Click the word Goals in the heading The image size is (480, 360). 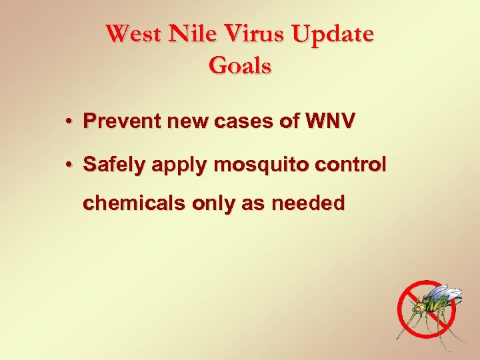point(239,66)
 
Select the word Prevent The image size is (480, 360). point(122,121)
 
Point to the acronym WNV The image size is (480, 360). point(330,121)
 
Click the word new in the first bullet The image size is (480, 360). point(190,122)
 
